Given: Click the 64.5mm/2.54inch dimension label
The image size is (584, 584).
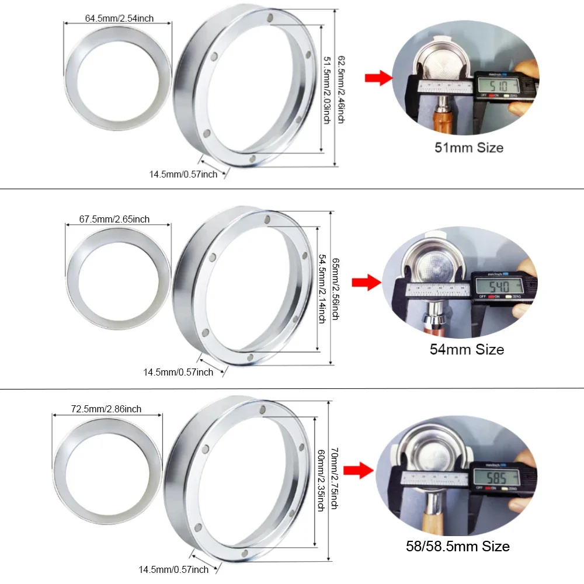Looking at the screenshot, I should [x=119, y=18].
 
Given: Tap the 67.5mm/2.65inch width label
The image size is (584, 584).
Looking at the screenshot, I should [x=114, y=219].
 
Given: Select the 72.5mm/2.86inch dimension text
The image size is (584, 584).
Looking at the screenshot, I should [x=106, y=409].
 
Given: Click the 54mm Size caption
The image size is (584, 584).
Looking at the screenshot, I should [x=466, y=350].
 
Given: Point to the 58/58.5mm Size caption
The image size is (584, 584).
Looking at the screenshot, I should [x=458, y=547].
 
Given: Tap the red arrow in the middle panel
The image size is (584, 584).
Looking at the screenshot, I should [x=366, y=283].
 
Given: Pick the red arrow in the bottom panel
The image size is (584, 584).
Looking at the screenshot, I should [x=359, y=471].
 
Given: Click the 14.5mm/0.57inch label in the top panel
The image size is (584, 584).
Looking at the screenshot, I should [x=183, y=174].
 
